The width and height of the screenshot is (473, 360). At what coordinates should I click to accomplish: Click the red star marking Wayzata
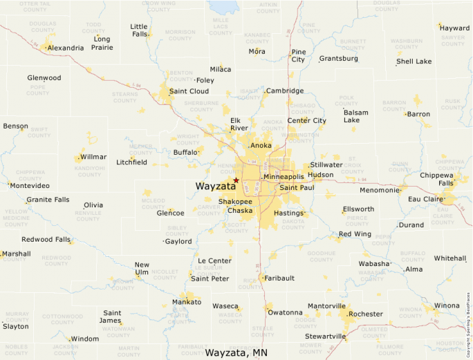pyautogui.click(x=236, y=180)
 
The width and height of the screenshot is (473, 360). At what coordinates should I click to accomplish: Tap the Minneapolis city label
pyautogui.click(x=284, y=177)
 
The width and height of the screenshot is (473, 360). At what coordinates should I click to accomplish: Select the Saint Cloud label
pyautogui.click(x=189, y=91)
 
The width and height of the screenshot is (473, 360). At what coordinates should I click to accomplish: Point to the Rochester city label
pyautogui.click(x=366, y=314)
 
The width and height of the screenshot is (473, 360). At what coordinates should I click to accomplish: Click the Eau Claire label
pyautogui.click(x=425, y=199)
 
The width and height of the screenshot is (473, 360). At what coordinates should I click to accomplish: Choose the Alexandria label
pyautogui.click(x=66, y=48)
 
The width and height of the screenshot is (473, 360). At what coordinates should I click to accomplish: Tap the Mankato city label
pyautogui.click(x=187, y=302)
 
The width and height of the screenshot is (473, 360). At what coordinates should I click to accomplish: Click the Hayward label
pyautogui.click(x=455, y=28)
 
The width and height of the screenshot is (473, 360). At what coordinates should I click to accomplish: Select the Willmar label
pyautogui.click(x=93, y=157)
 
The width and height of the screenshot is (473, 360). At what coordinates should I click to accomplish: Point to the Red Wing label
pyautogui.click(x=355, y=234)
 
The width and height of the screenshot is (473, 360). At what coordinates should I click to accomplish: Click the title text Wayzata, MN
pyautogui.click(x=236, y=352)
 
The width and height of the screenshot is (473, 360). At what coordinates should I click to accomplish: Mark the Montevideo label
pyautogui.click(x=30, y=186)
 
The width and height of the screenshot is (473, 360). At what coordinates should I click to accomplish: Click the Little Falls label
pyautogui.click(x=140, y=30)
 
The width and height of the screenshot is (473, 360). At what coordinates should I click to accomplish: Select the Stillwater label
pyautogui.click(x=326, y=165)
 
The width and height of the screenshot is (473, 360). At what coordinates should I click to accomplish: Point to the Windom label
pyautogui.click(x=85, y=339)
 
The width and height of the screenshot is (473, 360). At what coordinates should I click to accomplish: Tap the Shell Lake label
pyautogui.click(x=414, y=61)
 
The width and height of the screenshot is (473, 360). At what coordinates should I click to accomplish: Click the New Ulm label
pyautogui.click(x=142, y=269)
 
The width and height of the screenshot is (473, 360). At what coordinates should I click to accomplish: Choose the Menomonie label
pyautogui.click(x=380, y=190)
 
